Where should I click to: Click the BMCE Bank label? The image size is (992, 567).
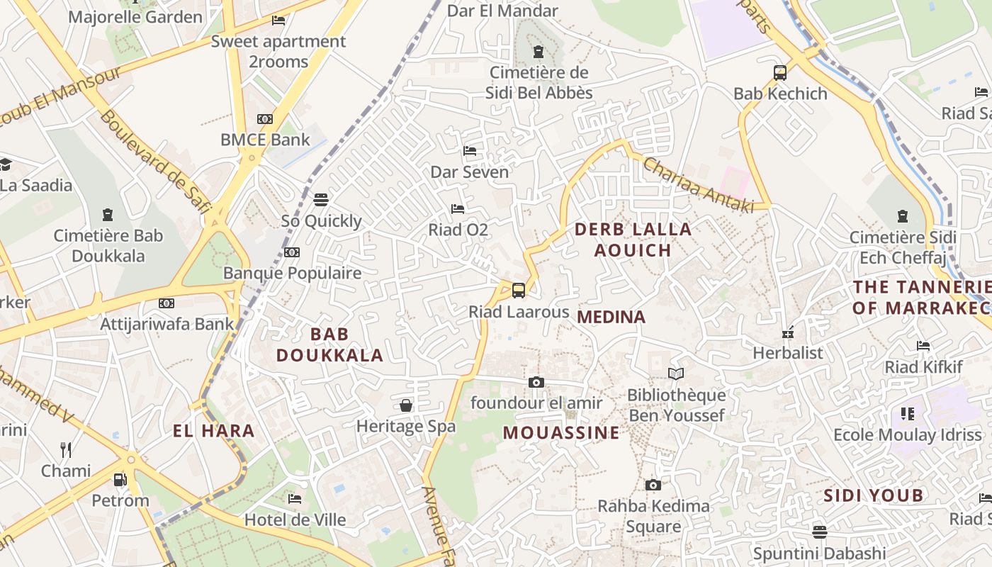pos(265,140)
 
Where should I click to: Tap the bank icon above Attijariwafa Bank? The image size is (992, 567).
pos(167,303)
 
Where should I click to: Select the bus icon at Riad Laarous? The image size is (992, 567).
pos(519,290)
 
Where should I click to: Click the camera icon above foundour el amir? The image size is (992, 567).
pos(536,383)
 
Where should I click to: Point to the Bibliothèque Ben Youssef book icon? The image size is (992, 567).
pos(676,374)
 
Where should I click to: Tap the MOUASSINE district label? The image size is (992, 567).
pos(561,432)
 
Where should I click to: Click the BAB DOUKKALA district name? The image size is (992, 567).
pos(329,344)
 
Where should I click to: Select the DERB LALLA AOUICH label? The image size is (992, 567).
pos(633,240)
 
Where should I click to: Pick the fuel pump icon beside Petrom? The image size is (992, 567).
pos(120,480)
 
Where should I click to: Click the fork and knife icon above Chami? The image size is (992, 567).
pos(66,449)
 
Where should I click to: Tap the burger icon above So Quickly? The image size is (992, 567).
pos(321,200)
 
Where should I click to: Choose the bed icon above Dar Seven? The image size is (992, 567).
pos(469,151)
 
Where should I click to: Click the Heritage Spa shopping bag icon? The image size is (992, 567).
pos(406,405)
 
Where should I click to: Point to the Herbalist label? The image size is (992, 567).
pos(788,353)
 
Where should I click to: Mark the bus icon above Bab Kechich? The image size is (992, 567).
pos(780,72)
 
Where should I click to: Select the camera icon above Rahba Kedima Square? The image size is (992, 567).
pos(653,485)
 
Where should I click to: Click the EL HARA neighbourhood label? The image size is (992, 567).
pos(213,430)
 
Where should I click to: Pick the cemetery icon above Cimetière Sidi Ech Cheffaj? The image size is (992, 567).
pos(903,216)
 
